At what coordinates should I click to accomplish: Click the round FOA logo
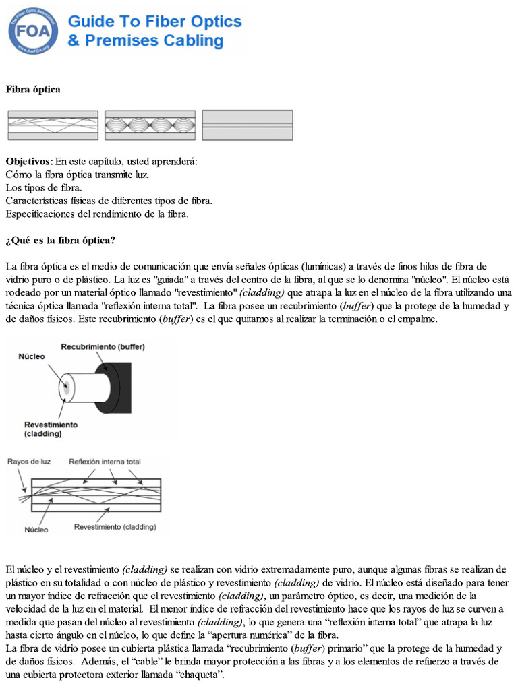coord(33,30)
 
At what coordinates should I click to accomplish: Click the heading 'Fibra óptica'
coord(33,90)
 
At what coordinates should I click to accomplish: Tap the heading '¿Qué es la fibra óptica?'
coord(61,241)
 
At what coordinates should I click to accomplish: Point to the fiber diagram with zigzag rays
coord(53,125)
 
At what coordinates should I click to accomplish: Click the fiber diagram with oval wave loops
coord(150,125)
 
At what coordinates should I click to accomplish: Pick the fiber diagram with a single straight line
coord(248,125)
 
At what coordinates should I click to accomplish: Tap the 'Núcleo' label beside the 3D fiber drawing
coord(31,356)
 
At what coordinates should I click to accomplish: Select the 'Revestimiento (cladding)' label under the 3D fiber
coord(51,429)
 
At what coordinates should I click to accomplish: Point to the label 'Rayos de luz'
coord(28,462)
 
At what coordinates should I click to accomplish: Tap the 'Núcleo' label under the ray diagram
coord(36,530)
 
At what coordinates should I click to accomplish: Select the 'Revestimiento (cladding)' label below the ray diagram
coord(115,526)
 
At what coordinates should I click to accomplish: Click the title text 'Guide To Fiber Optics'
coord(154,22)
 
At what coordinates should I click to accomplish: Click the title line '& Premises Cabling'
coord(145,41)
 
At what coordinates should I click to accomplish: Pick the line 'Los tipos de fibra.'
coord(44,187)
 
